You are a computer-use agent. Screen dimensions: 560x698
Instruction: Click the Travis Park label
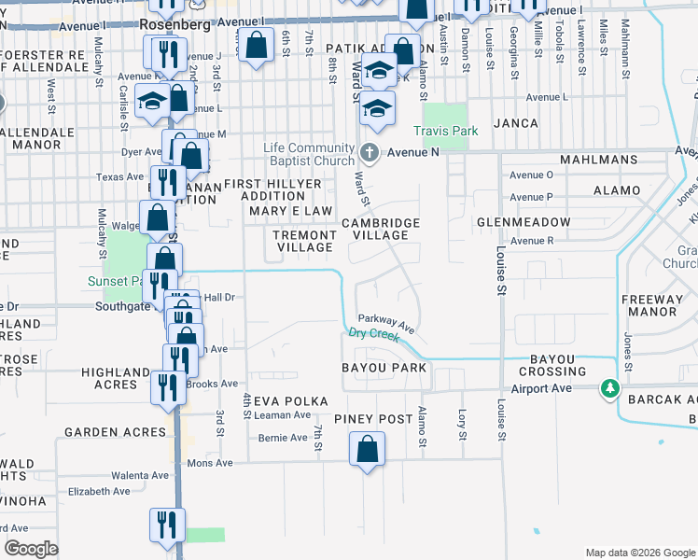(446, 132)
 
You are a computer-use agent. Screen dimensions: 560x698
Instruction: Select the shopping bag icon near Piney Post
(368, 448)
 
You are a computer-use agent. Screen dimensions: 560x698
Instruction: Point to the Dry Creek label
(372, 333)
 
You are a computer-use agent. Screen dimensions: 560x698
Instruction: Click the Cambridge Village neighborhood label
(381, 229)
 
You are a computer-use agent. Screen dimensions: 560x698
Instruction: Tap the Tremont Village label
(303, 241)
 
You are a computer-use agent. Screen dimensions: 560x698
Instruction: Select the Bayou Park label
(384, 368)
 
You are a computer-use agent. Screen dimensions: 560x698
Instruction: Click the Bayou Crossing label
(558, 365)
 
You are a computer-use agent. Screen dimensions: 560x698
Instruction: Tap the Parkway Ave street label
(385, 320)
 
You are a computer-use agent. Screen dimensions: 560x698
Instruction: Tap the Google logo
(32, 549)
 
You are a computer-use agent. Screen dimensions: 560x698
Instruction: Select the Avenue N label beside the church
(413, 152)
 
